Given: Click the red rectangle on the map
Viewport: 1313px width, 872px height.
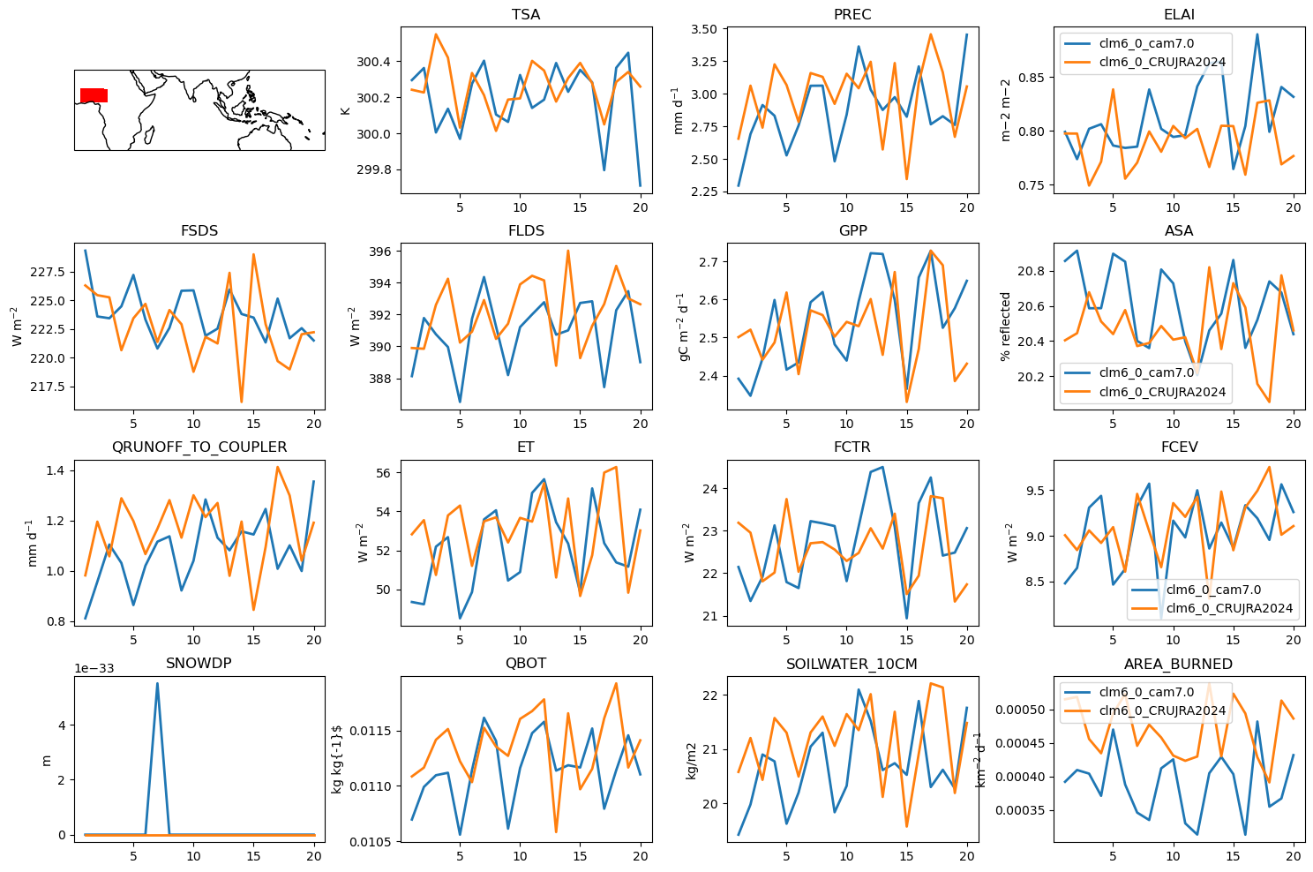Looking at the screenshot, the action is pyautogui.click(x=94, y=95).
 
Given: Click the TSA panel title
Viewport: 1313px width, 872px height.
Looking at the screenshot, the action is pyautogui.click(x=526, y=14).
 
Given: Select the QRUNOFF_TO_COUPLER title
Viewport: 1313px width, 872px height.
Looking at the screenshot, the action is pyautogui.click(x=199, y=447).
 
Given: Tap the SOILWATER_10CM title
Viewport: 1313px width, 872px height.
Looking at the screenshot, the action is pyautogui.click(x=852, y=664).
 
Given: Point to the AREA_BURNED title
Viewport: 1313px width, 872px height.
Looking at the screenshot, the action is pyautogui.click(x=1179, y=664).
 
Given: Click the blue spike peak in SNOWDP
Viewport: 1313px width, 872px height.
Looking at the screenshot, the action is pyautogui.click(x=157, y=683).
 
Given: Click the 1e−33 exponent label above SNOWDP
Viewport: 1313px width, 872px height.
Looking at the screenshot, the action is pyautogui.click(x=94, y=668).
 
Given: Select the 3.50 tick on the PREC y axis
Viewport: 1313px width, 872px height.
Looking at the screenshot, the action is pyautogui.click(x=704, y=29).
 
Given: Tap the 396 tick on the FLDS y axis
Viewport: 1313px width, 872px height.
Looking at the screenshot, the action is pyautogui.click(x=380, y=252).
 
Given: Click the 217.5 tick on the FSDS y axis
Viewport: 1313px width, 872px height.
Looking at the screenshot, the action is pyautogui.click(x=48, y=387).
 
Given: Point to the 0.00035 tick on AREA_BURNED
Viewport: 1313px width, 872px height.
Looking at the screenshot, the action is pyautogui.click(x=1019, y=810).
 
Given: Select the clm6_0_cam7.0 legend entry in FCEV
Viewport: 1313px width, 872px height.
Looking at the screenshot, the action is pyautogui.click(x=1210, y=590).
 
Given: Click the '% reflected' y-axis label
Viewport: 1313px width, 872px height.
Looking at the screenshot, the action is pyautogui.click(x=1005, y=327).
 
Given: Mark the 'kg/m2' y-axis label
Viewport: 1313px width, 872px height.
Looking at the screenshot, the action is pyautogui.click(x=691, y=761).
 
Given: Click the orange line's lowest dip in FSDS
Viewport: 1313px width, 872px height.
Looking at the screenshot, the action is pyautogui.click(x=242, y=402).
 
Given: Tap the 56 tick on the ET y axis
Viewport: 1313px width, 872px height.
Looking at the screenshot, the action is pyautogui.click(x=383, y=473).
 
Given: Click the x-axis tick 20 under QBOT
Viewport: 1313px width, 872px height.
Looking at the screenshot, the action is pyautogui.click(x=640, y=856).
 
